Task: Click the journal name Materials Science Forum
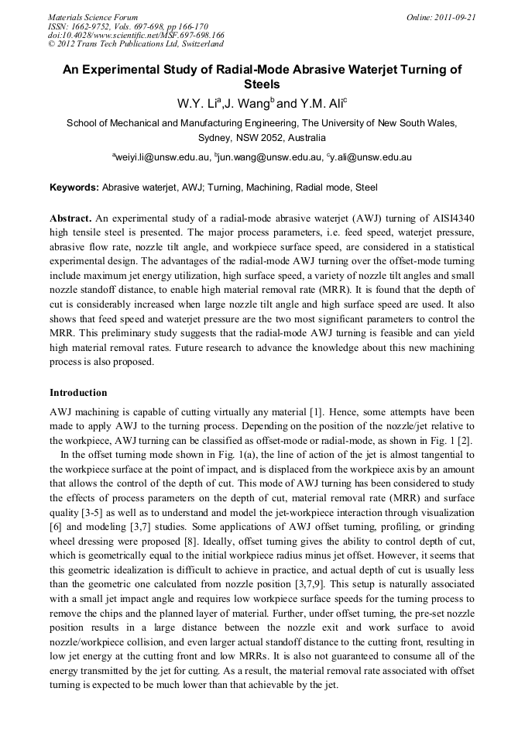[x=93, y=16]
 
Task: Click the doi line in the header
[x=136, y=35]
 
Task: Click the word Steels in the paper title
[x=262, y=84]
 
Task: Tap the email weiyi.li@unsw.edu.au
[x=161, y=157]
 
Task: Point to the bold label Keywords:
[x=74, y=187]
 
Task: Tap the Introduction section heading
[x=78, y=393]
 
